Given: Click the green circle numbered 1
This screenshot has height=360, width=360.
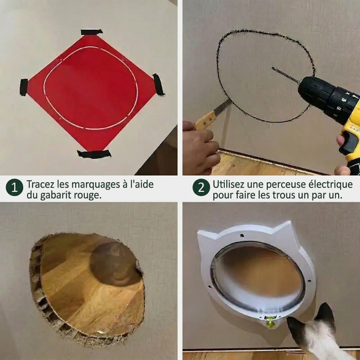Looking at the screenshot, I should [x=14, y=188].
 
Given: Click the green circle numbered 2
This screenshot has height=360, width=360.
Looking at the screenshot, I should [x=201, y=188].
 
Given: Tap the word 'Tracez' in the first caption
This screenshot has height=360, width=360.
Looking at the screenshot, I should [x=40, y=185].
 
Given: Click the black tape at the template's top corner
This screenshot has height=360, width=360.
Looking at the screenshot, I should [x=91, y=32].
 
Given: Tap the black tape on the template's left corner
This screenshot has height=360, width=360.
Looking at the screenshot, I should [x=23, y=87].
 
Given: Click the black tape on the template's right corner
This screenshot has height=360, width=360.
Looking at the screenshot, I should [x=158, y=84].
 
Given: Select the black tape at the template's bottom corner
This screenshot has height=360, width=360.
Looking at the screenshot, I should [x=94, y=154].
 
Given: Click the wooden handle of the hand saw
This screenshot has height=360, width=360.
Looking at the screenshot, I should [x=206, y=120].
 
